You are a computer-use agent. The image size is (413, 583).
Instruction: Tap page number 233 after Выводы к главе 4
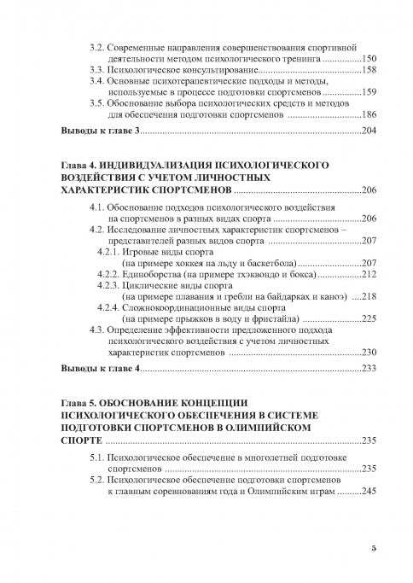(369, 370)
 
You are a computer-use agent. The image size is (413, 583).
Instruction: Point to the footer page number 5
(374, 547)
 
